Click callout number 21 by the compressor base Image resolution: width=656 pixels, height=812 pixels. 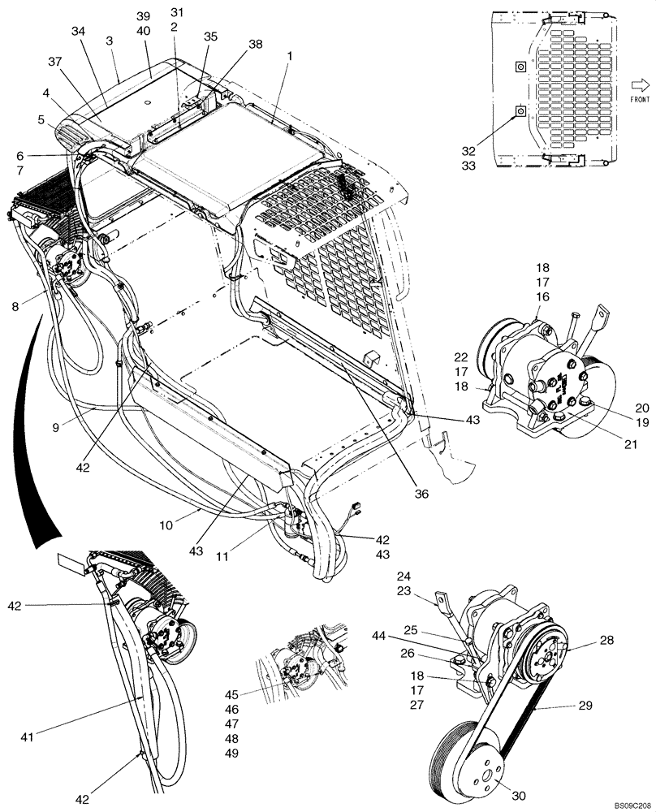pos(632,443)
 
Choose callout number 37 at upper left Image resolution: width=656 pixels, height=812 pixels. pos(55,63)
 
